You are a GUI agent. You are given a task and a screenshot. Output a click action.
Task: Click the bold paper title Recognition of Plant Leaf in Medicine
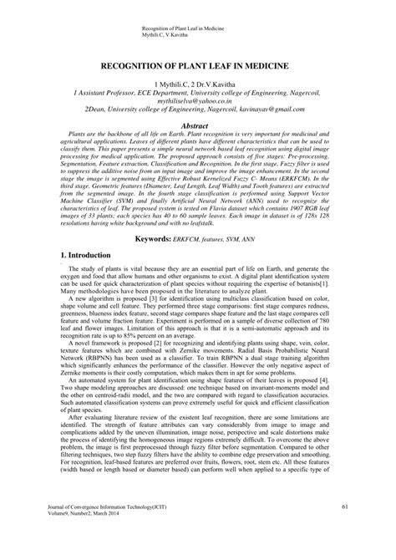pos(197,65)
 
